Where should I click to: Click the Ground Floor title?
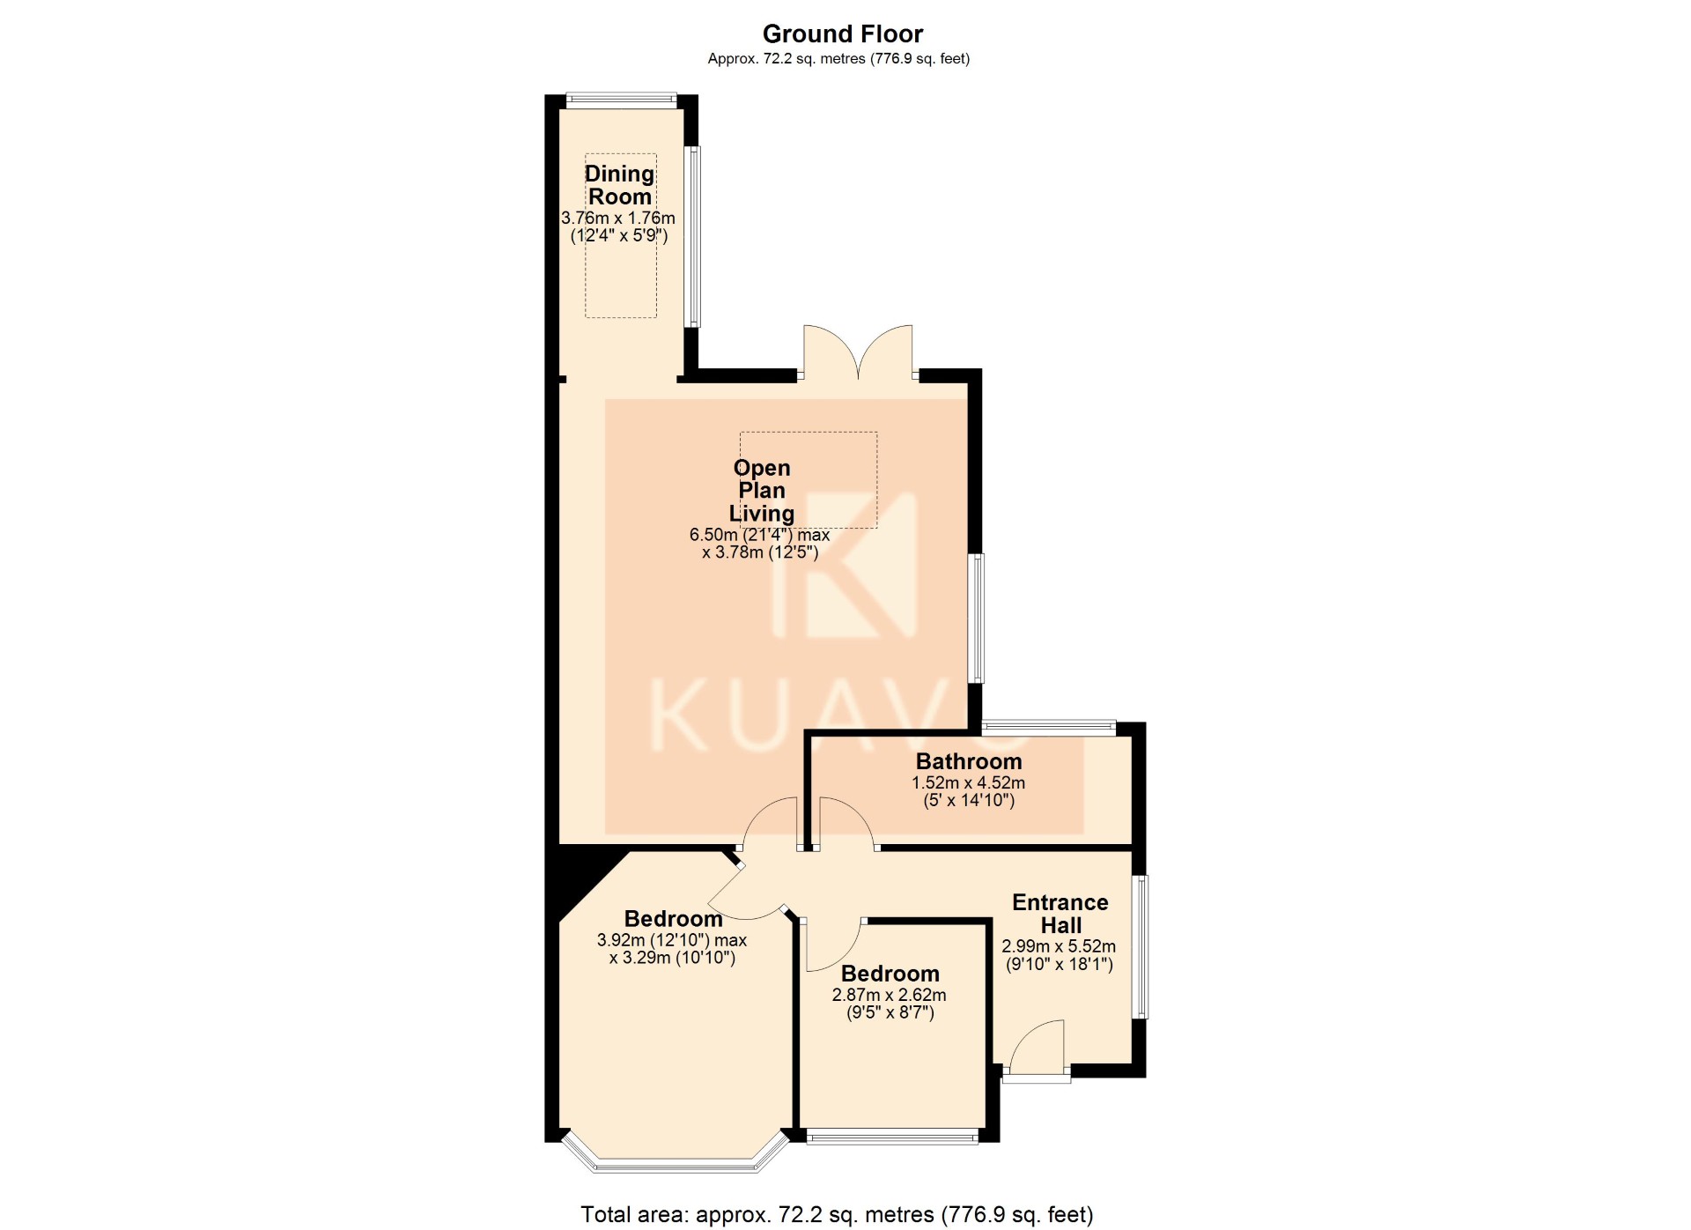[842, 34]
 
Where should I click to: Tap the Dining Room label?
[620, 185]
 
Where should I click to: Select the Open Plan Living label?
[762, 491]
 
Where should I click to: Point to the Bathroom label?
[969, 761]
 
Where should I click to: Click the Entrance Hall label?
[1060, 914]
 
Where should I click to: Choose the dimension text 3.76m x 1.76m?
[618, 218]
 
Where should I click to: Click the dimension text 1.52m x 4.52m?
[968, 782]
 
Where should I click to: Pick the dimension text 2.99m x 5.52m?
[1059, 946]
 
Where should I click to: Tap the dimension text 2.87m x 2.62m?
[890, 995]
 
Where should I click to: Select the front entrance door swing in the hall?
[1036, 1048]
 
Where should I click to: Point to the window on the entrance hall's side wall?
[1141, 946]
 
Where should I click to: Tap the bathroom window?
[1049, 728]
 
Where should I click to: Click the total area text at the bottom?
[837, 1215]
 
